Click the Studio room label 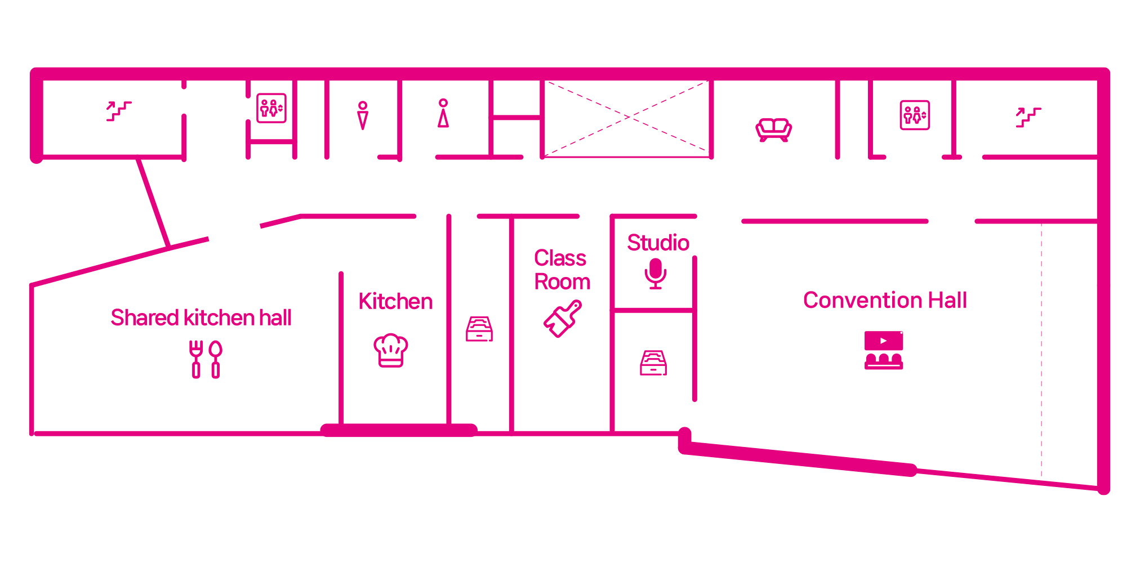coord(658,243)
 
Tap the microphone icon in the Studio coord(656,274)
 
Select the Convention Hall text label coord(885,300)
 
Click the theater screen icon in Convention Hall coord(884,350)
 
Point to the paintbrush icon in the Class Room coord(563,319)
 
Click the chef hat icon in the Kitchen coord(391,350)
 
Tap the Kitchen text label coord(395,301)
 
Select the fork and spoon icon coord(206,359)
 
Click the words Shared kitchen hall coord(201,318)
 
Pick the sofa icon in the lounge coord(774,130)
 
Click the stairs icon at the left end coord(119,111)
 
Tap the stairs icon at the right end coord(1028,118)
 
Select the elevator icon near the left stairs coord(271,108)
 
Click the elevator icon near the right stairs coord(915,115)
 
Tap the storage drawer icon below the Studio coord(653,363)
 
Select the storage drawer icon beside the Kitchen coord(479,329)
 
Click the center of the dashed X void coord(626,118)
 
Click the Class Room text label coord(562,270)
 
